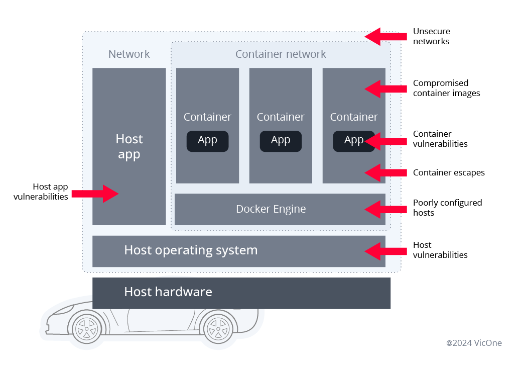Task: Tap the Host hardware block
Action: tap(241, 293)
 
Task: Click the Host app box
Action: tap(129, 146)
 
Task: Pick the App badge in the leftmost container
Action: tap(207, 141)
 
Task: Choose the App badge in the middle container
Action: tap(281, 141)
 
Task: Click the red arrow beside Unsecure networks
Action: tap(385, 36)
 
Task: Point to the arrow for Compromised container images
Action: tap(385, 88)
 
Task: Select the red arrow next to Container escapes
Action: tap(385, 172)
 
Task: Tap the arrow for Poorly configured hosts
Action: tap(385, 208)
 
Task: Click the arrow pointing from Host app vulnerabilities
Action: tap(95, 193)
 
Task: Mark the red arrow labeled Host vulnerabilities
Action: tap(385, 250)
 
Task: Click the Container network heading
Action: tap(281, 54)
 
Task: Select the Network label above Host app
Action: tap(129, 54)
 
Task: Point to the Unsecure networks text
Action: tap(431, 36)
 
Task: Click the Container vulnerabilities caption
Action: tap(440, 139)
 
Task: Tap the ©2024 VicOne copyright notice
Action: tap(474, 343)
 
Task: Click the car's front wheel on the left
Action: tap(87, 327)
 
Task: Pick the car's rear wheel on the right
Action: tap(217, 327)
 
